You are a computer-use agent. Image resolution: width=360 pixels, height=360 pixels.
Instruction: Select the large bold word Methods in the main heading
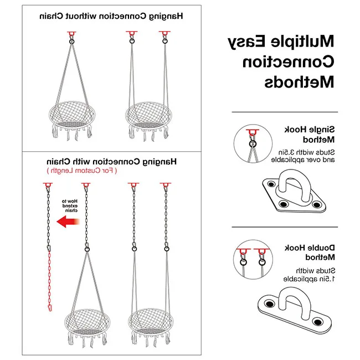pyautogui.click(x=299, y=82)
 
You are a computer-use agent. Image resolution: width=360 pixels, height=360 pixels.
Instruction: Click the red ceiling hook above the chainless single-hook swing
pyautogui.click(x=72, y=35)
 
